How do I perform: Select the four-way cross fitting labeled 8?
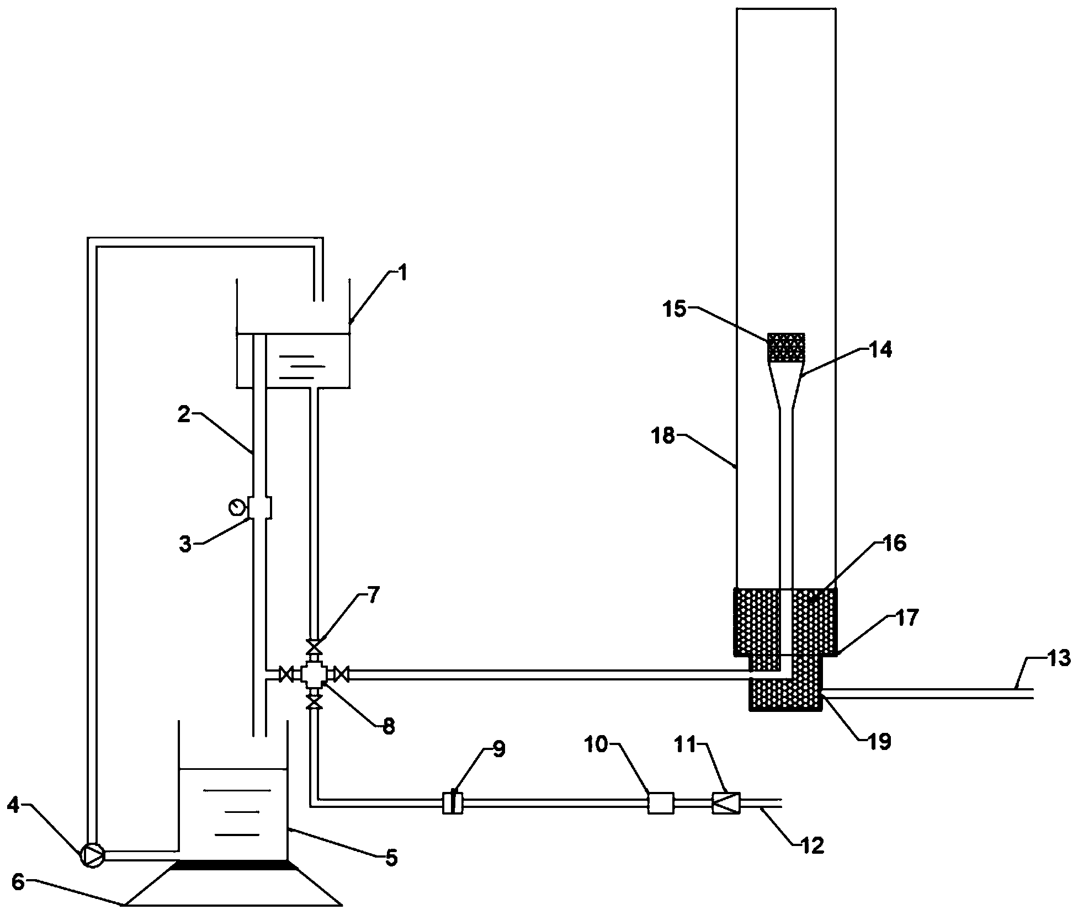[314, 674]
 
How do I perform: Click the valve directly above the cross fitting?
[314, 646]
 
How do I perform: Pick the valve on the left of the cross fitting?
[286, 674]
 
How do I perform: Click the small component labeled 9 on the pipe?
[453, 802]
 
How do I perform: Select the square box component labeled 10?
[661, 802]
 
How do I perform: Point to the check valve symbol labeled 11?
[725, 802]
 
